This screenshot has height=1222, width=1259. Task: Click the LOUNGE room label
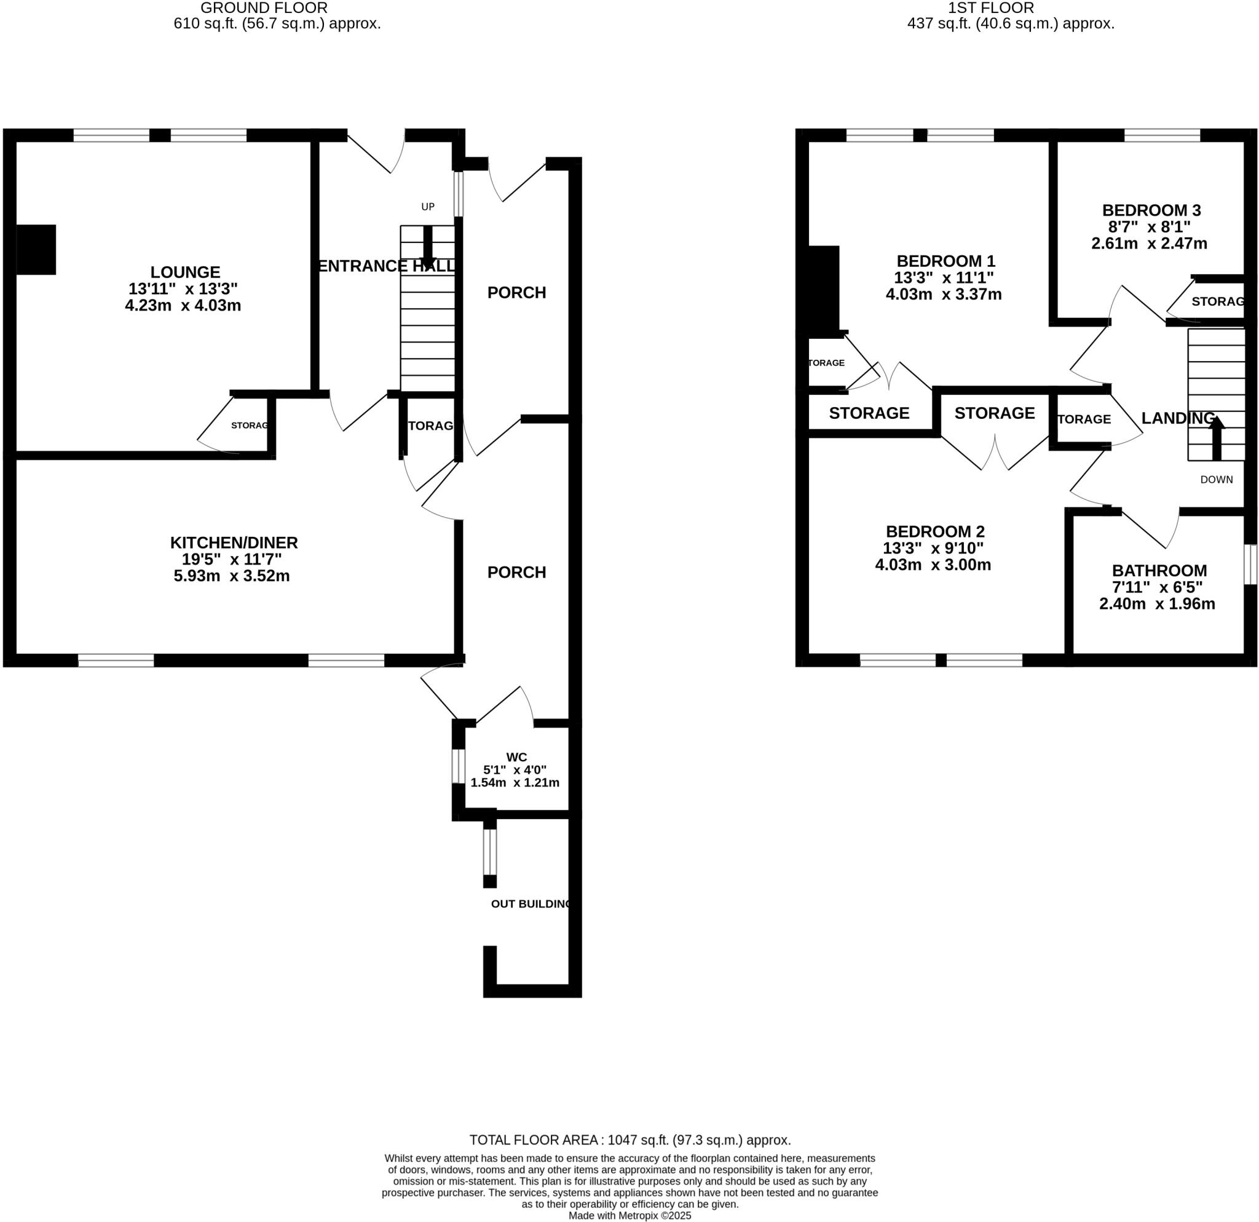(x=185, y=272)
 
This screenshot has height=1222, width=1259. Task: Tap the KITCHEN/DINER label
(x=234, y=542)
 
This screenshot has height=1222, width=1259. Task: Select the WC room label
(x=516, y=758)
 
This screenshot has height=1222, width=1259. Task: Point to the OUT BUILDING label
(x=531, y=904)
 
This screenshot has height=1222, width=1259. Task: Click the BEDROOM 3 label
(x=1151, y=210)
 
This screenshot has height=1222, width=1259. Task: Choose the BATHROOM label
(x=1159, y=571)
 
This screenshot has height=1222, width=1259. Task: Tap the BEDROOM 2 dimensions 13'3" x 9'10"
(x=933, y=548)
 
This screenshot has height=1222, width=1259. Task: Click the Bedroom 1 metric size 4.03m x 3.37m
(x=944, y=294)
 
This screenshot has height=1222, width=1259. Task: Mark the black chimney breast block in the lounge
(x=36, y=249)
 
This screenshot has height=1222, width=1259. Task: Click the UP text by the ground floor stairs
(x=428, y=207)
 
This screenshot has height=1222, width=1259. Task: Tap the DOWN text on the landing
(x=1217, y=479)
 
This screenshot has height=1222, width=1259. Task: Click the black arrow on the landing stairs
(x=1217, y=437)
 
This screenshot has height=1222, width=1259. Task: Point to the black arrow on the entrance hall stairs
(x=428, y=243)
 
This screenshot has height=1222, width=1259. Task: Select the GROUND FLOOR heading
(x=264, y=8)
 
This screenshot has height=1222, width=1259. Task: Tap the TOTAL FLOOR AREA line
(x=629, y=1140)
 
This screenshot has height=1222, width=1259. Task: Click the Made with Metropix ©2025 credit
(x=629, y=1216)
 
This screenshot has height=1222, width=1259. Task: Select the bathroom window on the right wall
(x=1250, y=565)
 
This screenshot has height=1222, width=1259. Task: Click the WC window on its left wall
(x=457, y=766)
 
